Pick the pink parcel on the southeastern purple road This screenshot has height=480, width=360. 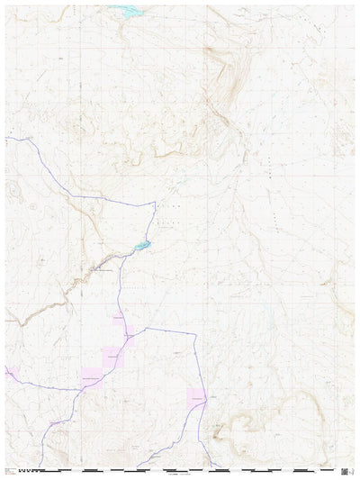197,396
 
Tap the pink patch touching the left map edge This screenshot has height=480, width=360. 9,370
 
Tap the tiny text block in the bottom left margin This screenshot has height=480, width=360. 9,469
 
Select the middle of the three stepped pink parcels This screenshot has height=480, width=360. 109,357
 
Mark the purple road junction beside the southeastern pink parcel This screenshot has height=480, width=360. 206,397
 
